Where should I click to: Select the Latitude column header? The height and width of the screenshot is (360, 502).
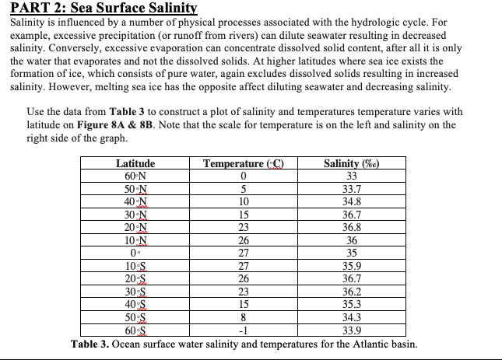pyautogui.click(x=135, y=164)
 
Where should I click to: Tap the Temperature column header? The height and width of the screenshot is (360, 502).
pyautogui.click(x=243, y=164)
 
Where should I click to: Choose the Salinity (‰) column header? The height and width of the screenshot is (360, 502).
pyautogui.click(x=353, y=164)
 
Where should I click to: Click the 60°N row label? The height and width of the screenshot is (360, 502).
pyautogui.click(x=135, y=176)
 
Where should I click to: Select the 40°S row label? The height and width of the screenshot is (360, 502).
pyautogui.click(x=135, y=303)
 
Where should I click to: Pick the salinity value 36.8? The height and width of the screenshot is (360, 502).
pyautogui.click(x=353, y=227)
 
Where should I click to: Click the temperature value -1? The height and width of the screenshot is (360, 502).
pyautogui.click(x=243, y=329)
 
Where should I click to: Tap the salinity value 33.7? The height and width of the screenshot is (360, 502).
pyautogui.click(x=353, y=189)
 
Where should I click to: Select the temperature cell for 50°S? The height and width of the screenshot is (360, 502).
pyautogui.click(x=243, y=316)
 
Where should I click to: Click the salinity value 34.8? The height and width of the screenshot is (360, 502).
pyautogui.click(x=353, y=201)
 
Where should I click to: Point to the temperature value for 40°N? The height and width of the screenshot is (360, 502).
pyautogui.click(x=243, y=201)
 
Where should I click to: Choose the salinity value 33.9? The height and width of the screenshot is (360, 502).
pyautogui.click(x=353, y=329)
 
